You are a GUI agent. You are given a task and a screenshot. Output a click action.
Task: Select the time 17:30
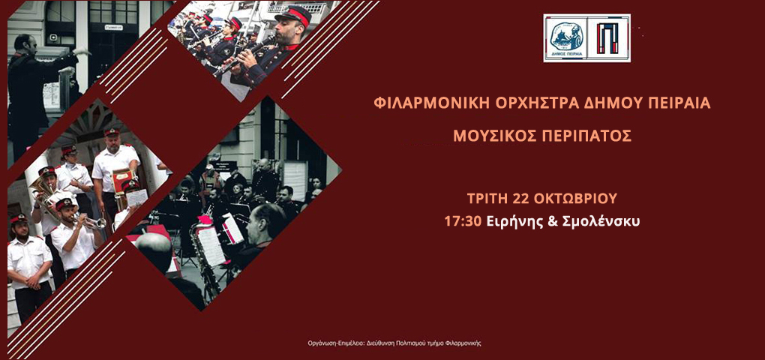pyautogui.click(x=463, y=221)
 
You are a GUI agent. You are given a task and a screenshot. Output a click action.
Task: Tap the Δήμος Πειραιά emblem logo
pyautogui.click(x=565, y=38)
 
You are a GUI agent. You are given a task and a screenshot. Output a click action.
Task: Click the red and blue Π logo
pyautogui.click(x=608, y=38)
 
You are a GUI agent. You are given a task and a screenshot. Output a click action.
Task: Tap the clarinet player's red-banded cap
pyautogui.click(x=293, y=16)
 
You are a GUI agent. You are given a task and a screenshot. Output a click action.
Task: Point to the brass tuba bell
pyautogui.click(x=40, y=188)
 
